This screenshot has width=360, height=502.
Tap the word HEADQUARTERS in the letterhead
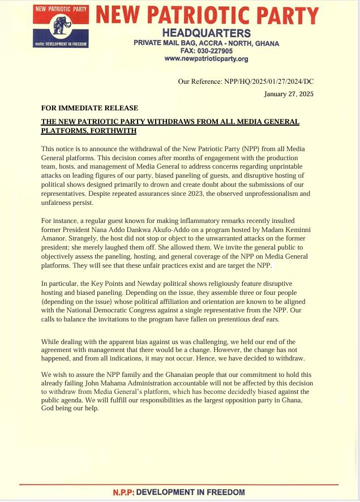tap(206, 33)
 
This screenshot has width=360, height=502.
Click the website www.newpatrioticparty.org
tap(206, 58)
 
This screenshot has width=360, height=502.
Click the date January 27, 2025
tap(289, 94)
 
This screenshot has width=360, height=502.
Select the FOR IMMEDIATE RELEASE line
tap(89, 108)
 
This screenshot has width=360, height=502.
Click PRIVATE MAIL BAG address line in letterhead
tap(206, 42)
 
